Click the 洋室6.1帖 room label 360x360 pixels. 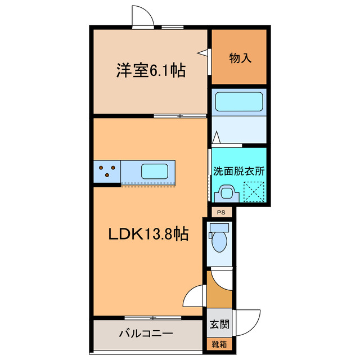click(x=151, y=71)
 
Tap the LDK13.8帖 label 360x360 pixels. click(x=148, y=233)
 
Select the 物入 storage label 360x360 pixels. click(x=238, y=57)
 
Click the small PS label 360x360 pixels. click(x=222, y=213)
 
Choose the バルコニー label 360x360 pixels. click(x=145, y=334)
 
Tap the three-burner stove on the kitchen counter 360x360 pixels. click(x=107, y=171)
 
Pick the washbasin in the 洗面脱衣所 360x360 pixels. click(x=228, y=193)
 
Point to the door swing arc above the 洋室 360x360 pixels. click(x=143, y=17)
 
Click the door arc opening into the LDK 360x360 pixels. click(x=194, y=296)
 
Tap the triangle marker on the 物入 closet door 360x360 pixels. click(x=201, y=53)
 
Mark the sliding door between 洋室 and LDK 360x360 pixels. click(x=179, y=116)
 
